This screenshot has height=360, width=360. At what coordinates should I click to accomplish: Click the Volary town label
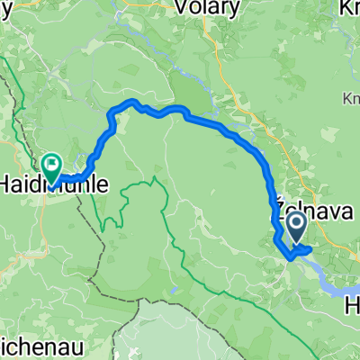coord(209,9)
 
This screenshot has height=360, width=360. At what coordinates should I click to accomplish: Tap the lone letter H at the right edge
coord(354,306)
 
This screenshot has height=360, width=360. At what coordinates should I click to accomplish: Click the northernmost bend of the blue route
coord(133,102)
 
